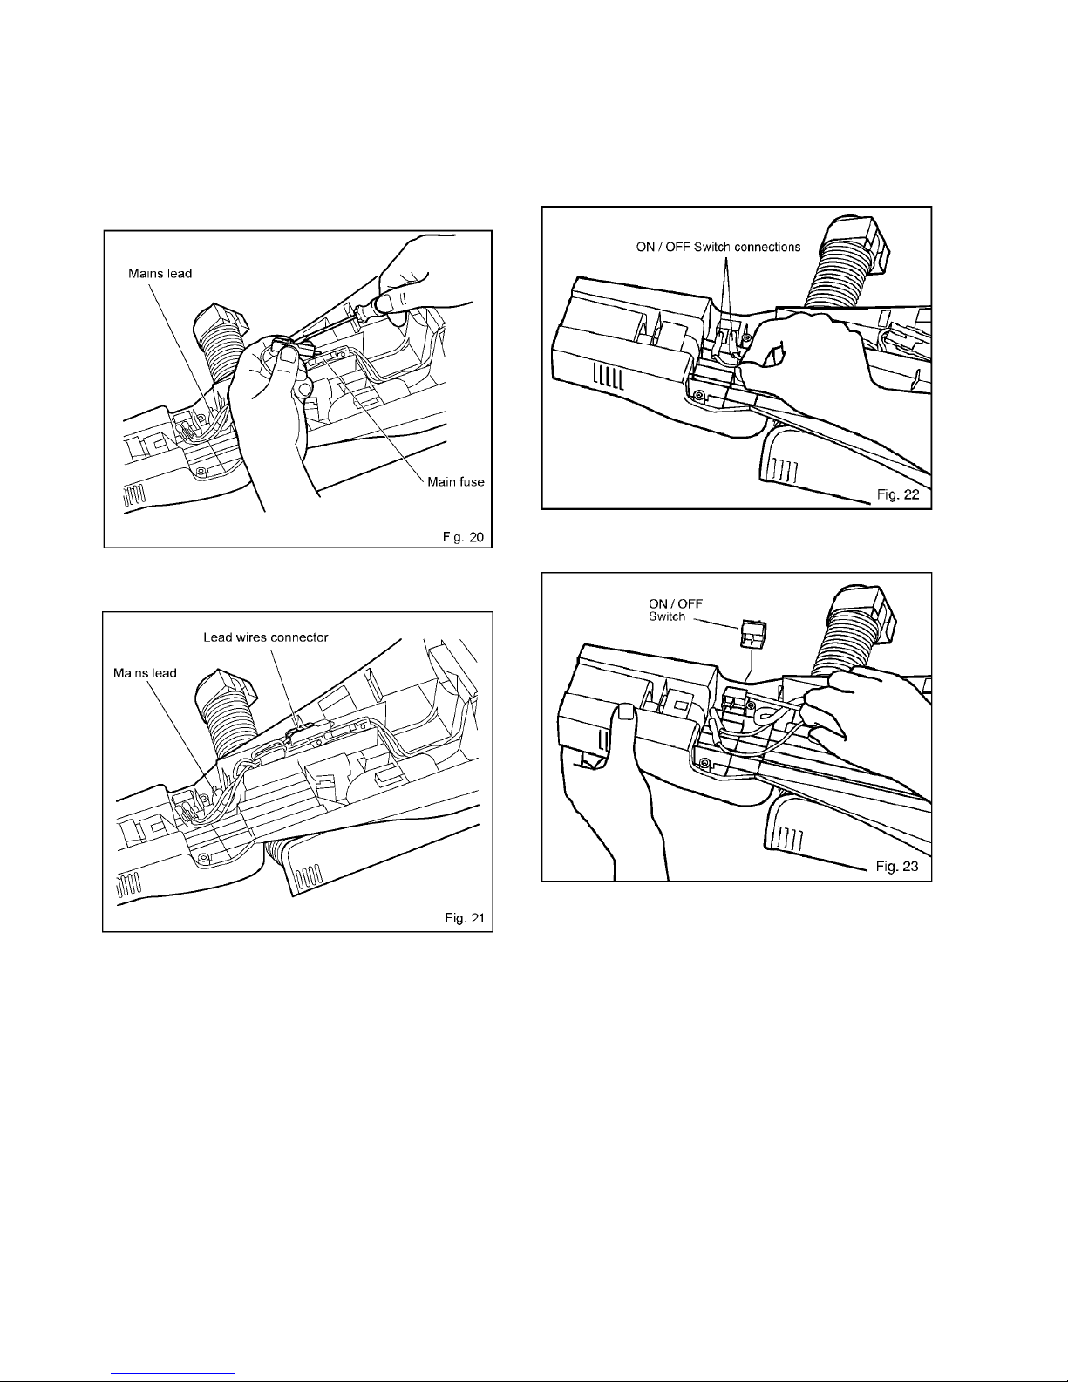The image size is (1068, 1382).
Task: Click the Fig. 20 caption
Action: tap(462, 537)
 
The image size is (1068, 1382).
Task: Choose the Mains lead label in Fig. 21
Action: tap(145, 672)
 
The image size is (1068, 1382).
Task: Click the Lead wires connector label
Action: tap(266, 637)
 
